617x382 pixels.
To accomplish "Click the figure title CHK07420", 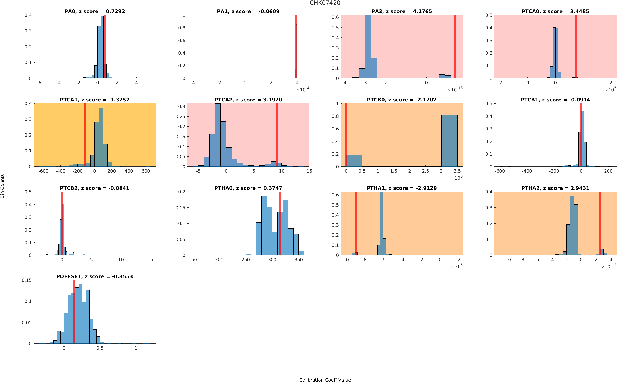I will (325, 3).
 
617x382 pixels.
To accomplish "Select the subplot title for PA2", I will (401, 11).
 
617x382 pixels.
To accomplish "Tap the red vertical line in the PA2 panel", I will (454, 47).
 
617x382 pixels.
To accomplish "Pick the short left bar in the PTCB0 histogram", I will (354, 161).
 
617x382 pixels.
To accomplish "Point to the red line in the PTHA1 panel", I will (356, 223).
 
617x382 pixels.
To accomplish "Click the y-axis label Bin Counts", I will (3, 186).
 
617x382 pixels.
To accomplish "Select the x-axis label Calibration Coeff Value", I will (325, 379).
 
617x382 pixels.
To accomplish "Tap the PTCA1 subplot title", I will (94, 100).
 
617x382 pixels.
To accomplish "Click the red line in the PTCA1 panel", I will (85, 135).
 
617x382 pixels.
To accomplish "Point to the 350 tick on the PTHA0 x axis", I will (298, 259).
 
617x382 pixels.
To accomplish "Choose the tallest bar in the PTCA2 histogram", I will (217, 135).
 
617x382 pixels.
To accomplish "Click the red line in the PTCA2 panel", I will (276, 135).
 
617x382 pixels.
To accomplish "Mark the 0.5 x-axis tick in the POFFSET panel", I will (100, 348).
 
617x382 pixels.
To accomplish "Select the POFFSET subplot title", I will (94, 276).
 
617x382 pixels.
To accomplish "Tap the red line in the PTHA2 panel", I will (600, 223).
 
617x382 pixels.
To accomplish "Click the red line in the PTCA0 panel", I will (576, 47).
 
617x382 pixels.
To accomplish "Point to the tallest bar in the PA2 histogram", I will (368, 47).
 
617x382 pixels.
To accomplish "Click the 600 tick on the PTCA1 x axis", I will (146, 171).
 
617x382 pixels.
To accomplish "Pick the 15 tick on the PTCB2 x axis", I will (150, 259).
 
